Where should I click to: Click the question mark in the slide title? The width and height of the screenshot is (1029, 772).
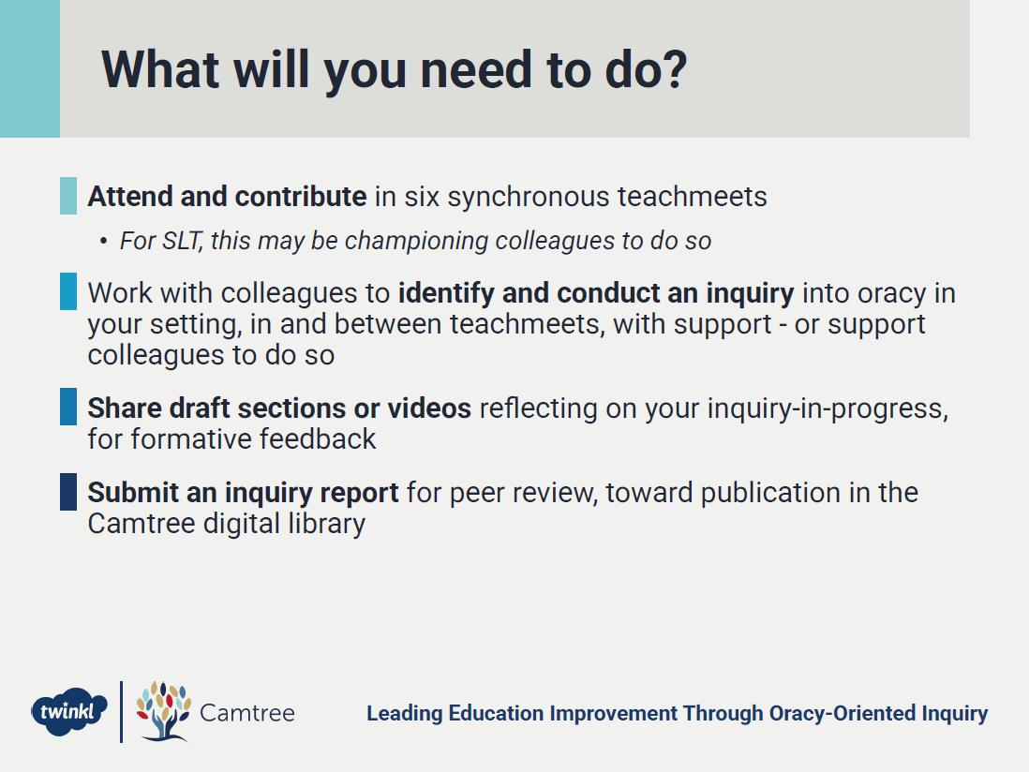(x=672, y=69)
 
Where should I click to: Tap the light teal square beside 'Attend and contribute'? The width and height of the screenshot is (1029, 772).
(x=68, y=196)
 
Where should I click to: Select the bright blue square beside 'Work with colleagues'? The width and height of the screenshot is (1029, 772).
(x=68, y=291)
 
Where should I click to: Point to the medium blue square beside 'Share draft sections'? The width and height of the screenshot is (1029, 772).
(x=68, y=407)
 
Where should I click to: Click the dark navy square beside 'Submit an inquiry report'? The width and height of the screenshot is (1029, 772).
(x=68, y=491)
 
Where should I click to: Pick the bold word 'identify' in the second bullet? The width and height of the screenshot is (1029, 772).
(x=446, y=293)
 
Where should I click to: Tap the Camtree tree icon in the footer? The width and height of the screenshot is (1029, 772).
(x=163, y=711)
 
